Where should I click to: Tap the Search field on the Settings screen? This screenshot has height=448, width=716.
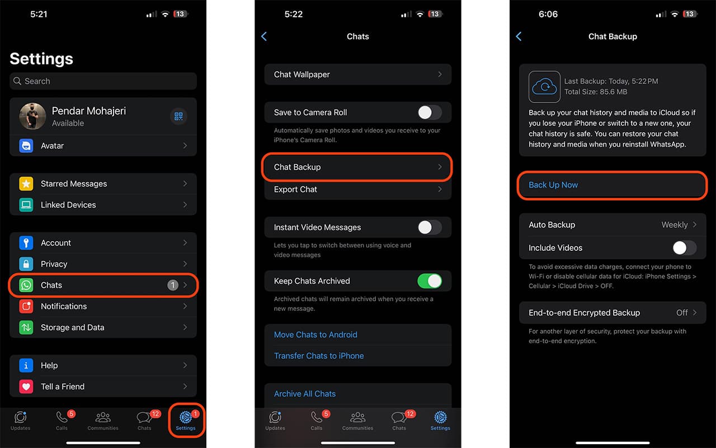(103, 81)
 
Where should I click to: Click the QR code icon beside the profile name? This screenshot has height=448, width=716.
(178, 116)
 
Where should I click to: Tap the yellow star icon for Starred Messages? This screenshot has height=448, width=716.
(26, 184)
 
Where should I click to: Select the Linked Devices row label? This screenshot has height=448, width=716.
(68, 205)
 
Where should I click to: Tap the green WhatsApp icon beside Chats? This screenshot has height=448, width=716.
(26, 285)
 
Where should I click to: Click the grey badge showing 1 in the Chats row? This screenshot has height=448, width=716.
(173, 285)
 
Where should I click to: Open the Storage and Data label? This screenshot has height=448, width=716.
(73, 328)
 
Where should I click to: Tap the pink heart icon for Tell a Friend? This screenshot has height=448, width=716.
(26, 386)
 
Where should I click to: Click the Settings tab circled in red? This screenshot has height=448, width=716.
(186, 421)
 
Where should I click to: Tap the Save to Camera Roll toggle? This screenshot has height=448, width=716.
(430, 113)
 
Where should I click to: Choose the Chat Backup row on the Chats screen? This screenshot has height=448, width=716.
(357, 167)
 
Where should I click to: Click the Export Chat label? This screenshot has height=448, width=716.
(295, 189)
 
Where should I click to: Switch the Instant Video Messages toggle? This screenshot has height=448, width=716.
(430, 227)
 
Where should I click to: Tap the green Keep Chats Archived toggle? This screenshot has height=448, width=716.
(430, 281)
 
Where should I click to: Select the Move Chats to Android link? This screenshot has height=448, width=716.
(315, 335)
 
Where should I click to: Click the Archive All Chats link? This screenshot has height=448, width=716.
(305, 394)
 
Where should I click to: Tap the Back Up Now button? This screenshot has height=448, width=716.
(612, 185)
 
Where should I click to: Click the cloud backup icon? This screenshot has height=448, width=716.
(544, 87)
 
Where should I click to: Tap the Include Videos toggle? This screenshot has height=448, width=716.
(684, 248)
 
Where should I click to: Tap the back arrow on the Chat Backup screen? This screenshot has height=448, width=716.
(519, 36)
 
